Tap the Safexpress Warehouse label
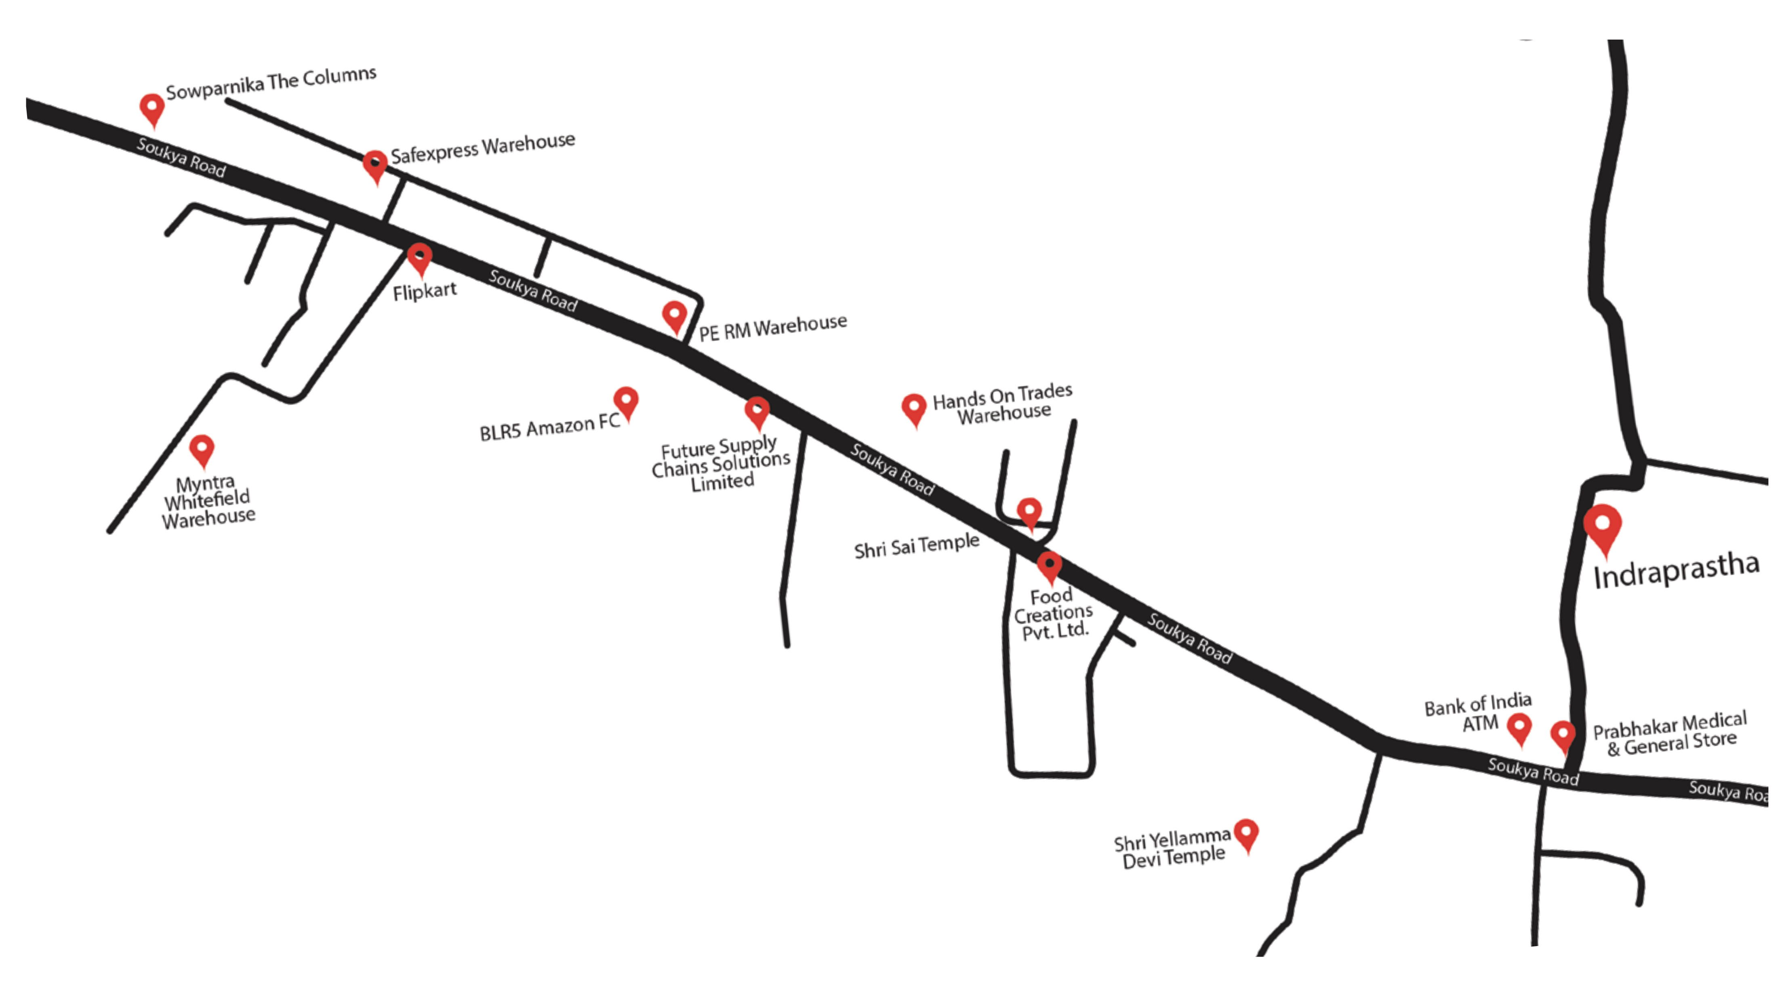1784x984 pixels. pyautogui.click(x=483, y=148)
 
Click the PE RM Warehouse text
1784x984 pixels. pyautogui.click(x=772, y=328)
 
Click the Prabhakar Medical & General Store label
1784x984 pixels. pyautogui.click(x=1670, y=734)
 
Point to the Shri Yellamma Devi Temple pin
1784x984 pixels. pyautogui.click(x=1247, y=833)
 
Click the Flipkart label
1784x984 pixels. pyautogui.click(x=425, y=291)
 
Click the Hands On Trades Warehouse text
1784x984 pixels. pyautogui.click(x=1003, y=404)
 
